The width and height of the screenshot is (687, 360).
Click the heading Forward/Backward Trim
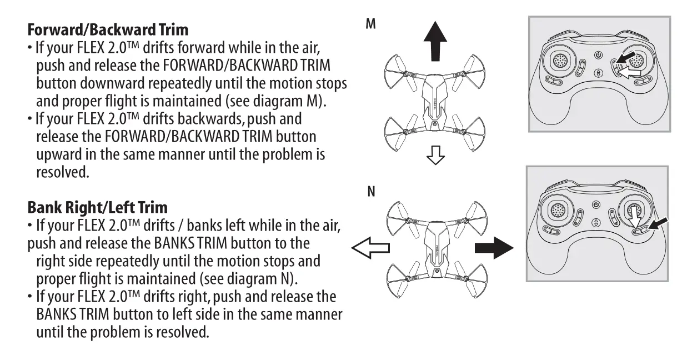point(108,28)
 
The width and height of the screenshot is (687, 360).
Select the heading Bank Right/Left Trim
point(97,208)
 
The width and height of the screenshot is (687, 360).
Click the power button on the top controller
point(598,55)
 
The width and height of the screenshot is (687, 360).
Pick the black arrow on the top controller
point(624,58)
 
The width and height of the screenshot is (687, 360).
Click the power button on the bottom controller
point(597,204)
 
